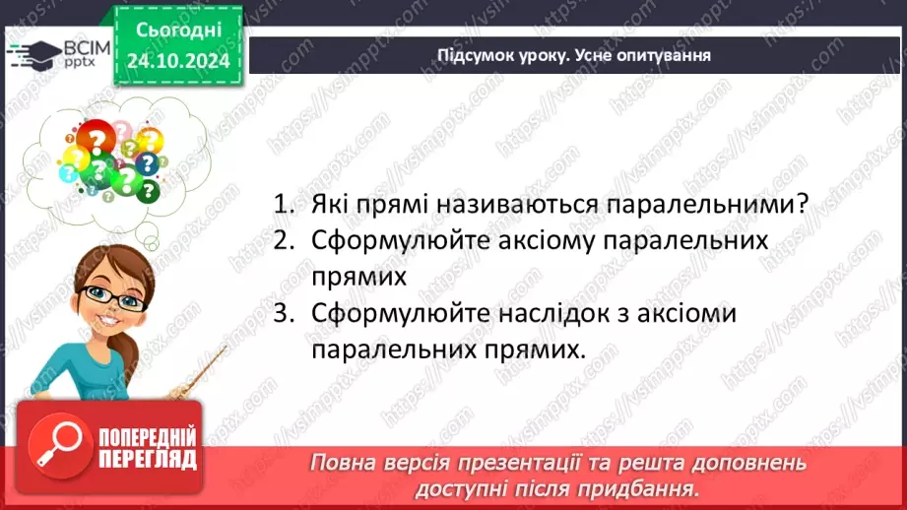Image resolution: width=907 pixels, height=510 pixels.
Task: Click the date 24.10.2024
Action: point(178,61)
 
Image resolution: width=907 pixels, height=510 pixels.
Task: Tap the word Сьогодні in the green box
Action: point(178,32)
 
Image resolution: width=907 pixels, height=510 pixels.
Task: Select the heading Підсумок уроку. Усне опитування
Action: point(574,55)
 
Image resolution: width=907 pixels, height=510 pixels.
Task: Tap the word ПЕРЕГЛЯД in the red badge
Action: point(149,459)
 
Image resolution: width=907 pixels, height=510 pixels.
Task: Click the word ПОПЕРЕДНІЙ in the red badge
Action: point(149,437)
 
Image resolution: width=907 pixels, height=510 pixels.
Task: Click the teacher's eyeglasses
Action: point(109,294)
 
